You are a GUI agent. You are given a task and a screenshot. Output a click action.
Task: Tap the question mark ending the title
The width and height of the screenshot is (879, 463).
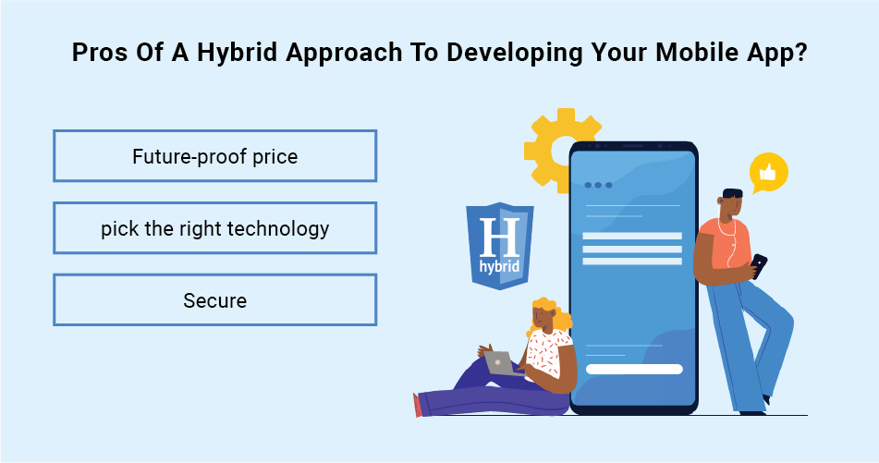pos(801,52)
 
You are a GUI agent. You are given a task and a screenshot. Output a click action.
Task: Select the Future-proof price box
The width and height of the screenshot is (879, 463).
pos(214,156)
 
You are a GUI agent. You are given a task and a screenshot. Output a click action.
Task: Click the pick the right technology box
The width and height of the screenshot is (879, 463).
pos(214,228)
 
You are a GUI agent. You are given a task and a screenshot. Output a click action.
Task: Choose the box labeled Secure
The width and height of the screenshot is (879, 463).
pos(214,299)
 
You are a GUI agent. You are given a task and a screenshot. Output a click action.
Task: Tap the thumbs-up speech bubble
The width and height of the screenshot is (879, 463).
pos(769,173)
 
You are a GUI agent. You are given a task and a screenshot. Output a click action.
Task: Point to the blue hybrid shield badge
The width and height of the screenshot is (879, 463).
pos(499,246)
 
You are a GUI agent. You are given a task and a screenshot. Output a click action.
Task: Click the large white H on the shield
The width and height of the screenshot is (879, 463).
pos(499,238)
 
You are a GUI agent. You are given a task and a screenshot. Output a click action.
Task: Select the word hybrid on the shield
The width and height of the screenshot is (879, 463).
pos(499,265)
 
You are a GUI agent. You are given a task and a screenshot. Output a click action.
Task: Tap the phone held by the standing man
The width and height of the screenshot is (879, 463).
pos(758,264)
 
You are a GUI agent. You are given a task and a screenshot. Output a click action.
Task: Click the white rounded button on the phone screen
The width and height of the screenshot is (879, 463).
pos(634,369)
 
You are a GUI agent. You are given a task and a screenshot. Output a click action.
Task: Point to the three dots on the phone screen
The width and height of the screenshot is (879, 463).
pos(598,185)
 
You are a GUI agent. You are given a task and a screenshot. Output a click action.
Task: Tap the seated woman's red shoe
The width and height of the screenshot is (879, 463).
pos(417,405)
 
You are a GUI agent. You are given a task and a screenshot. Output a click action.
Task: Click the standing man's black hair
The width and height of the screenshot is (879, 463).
pos(732,193)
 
